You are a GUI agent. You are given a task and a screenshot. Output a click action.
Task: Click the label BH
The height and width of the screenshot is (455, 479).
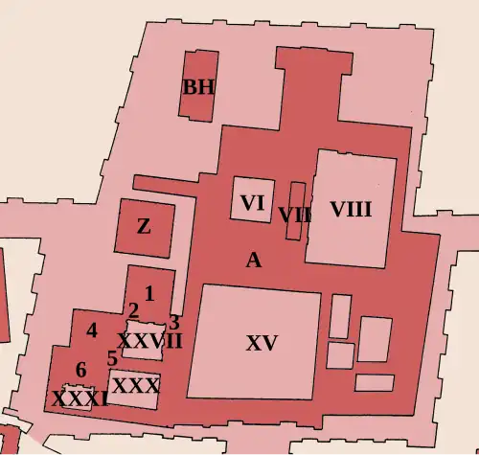(x=198, y=87)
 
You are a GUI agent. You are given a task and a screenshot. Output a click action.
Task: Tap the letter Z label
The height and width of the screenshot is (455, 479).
(x=144, y=227)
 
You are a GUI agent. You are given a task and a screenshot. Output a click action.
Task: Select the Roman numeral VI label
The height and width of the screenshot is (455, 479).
(x=253, y=203)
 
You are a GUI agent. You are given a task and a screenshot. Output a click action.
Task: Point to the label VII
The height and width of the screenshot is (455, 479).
(x=295, y=215)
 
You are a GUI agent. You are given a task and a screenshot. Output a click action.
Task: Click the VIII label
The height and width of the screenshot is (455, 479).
(x=350, y=209)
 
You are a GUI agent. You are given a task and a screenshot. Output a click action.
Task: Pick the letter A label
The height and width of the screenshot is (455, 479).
(x=253, y=260)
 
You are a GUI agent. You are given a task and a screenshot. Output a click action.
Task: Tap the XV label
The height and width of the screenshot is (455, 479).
(x=261, y=343)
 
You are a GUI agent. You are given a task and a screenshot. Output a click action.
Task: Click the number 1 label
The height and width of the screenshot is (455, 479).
(x=148, y=293)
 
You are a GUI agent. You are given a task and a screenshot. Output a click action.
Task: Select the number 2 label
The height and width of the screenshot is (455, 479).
(x=133, y=310)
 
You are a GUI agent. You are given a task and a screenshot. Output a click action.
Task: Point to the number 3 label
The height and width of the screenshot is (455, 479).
(x=173, y=323)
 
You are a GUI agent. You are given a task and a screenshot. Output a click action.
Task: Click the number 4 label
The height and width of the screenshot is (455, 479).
(x=92, y=330)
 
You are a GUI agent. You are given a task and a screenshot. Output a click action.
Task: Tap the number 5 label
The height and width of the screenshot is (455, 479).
(x=112, y=358)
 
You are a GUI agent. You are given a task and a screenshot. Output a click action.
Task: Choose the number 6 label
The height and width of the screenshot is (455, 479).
(x=80, y=371)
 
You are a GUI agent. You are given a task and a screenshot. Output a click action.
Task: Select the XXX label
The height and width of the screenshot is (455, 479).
(x=135, y=385)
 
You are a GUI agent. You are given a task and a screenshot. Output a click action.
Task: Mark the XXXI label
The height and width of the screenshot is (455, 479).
(x=80, y=398)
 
